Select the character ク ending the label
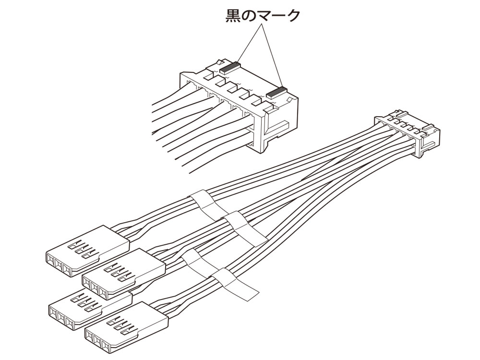(x=292, y=16)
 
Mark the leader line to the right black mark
(x=271, y=55)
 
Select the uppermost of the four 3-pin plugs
(x=86, y=250)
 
